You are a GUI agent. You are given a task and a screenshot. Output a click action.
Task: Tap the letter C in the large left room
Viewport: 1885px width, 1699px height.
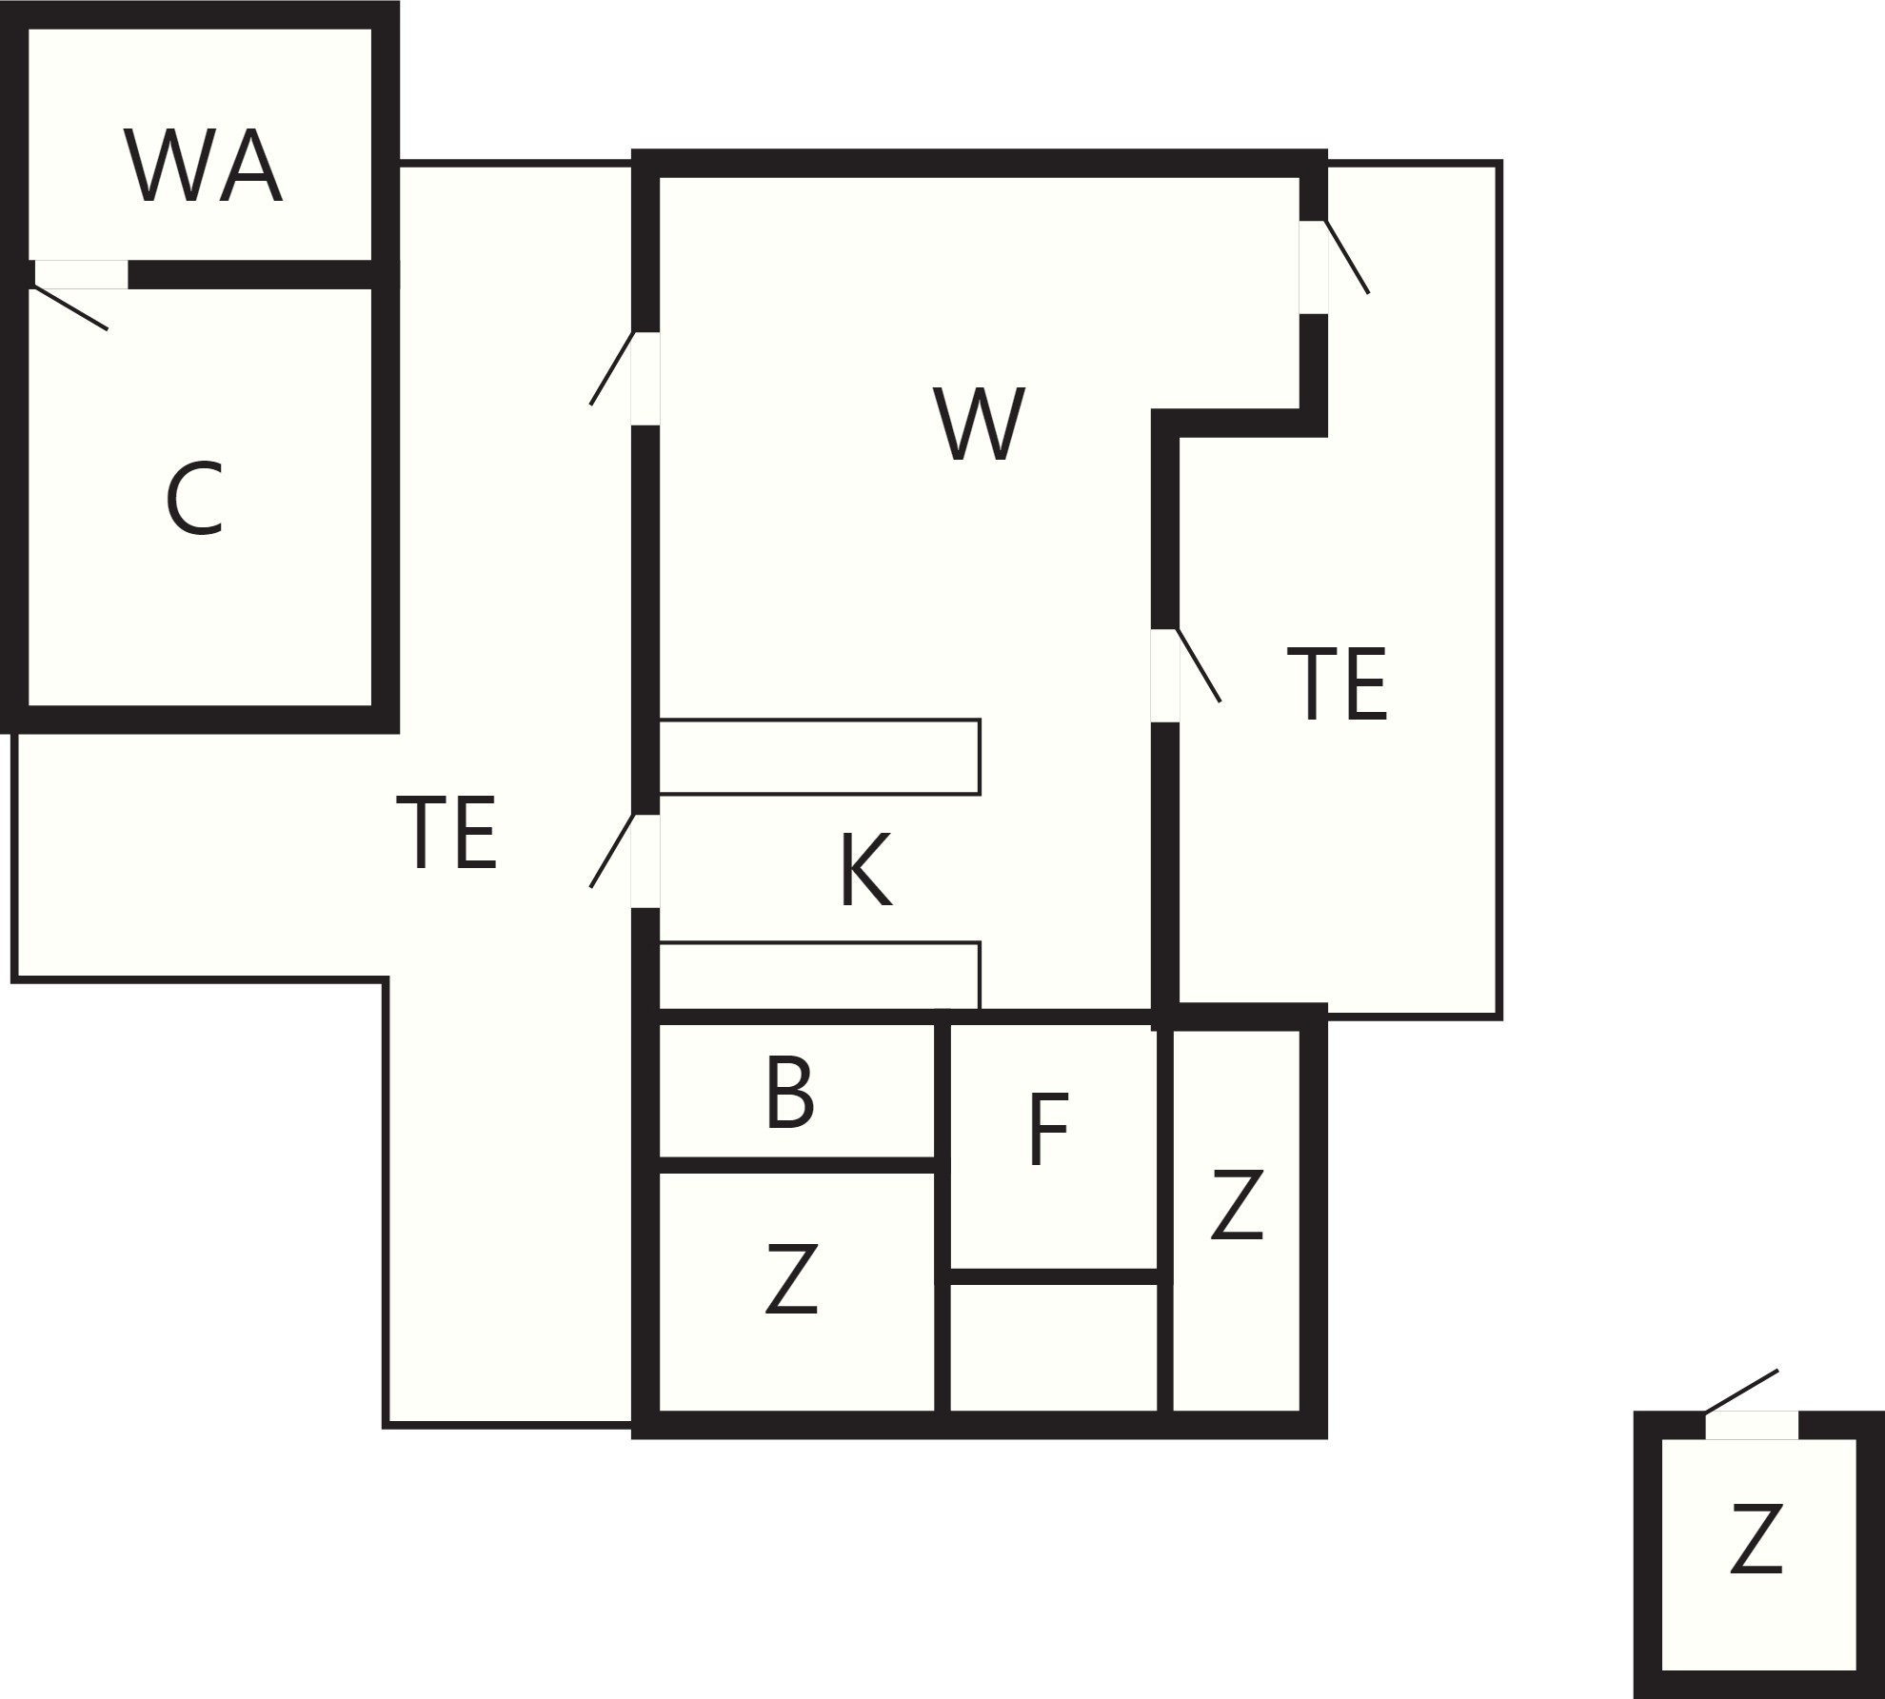pyautogui.click(x=194, y=499)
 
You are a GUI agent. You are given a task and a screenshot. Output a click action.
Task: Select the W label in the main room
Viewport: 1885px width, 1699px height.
pyautogui.click(x=980, y=424)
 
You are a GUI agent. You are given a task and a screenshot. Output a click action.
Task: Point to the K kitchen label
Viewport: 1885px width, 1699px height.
pyautogui.click(x=866, y=869)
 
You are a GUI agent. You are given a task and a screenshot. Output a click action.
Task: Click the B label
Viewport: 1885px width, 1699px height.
pyautogui.click(x=789, y=1093)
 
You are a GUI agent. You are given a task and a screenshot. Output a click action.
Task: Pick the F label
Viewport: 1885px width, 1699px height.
pyautogui.click(x=1049, y=1129)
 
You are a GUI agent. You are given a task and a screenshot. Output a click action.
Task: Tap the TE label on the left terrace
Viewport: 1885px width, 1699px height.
pyautogui.click(x=446, y=833)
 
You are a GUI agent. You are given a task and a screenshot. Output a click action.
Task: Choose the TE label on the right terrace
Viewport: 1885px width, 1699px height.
pyautogui.click(x=1337, y=684)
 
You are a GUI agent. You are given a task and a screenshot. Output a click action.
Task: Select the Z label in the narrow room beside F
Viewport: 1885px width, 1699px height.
pyautogui.click(x=1237, y=1205)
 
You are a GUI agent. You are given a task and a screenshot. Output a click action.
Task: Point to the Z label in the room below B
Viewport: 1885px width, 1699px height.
pyautogui.click(x=792, y=1279)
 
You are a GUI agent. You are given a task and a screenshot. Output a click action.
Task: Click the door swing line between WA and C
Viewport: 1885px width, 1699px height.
pyautogui.click(x=69, y=307)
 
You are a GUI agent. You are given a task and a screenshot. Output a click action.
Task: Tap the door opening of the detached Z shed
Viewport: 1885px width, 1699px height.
pyautogui.click(x=1752, y=1425)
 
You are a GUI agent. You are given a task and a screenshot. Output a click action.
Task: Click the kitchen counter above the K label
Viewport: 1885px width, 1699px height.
pyautogui.click(x=820, y=757)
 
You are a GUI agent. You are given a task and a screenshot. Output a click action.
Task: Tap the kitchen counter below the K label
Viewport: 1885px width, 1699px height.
pyautogui.click(x=820, y=976)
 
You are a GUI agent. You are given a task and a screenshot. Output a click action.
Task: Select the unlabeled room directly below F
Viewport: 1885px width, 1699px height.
pyautogui.click(x=1054, y=1347)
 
